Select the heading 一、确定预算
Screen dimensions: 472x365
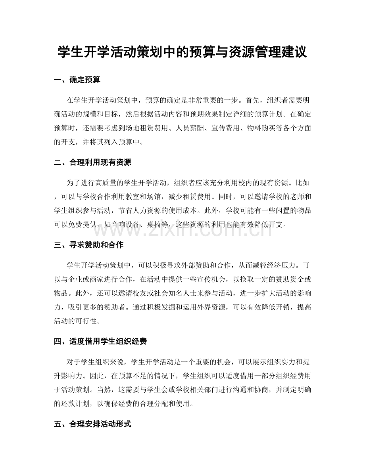click(x=77, y=80)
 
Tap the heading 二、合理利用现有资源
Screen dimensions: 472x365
click(x=92, y=162)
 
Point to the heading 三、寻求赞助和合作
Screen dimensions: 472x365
click(x=89, y=245)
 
